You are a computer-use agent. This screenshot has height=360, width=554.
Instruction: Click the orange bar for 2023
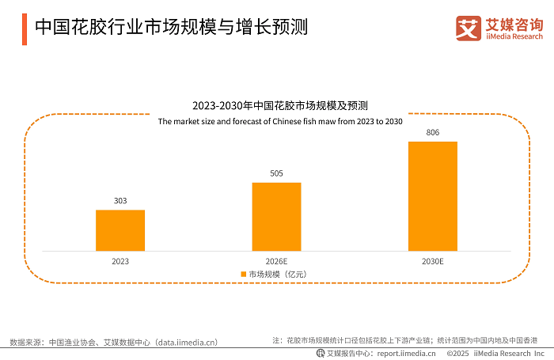tap(120, 230)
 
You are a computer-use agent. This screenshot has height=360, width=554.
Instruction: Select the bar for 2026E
tap(276, 217)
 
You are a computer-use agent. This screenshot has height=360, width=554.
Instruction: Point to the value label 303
tap(120, 201)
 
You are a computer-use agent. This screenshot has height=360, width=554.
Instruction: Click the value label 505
tap(276, 173)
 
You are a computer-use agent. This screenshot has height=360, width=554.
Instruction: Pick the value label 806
tap(432, 132)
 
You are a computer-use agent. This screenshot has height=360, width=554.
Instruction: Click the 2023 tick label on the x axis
tap(120, 260)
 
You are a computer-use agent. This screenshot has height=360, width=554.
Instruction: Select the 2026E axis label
tap(276, 260)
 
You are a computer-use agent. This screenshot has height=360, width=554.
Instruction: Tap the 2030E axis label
tap(432, 260)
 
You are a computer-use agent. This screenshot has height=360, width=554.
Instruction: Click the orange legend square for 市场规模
tap(244, 274)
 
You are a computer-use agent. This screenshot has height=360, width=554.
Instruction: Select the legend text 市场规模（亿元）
tap(277, 274)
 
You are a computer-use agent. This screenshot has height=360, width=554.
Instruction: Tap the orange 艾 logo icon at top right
tap(469, 28)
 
